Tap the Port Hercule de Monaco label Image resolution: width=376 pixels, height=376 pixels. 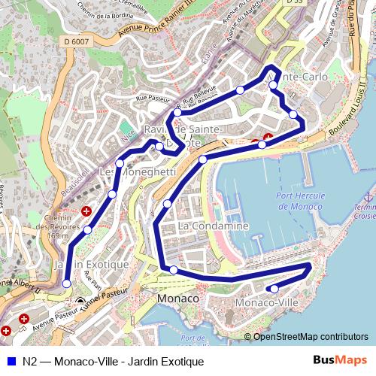pyautogui.click(x=300, y=202)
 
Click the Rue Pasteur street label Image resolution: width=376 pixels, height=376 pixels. pyautogui.click(x=153, y=97)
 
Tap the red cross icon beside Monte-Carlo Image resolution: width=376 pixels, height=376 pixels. pyautogui.click(x=266, y=136)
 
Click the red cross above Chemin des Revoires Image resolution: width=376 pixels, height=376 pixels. pyautogui.click(x=86, y=211)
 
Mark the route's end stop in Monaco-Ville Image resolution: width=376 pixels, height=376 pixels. pyautogui.click(x=274, y=289)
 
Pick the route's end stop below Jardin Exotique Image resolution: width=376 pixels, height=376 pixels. pyautogui.click(x=67, y=284)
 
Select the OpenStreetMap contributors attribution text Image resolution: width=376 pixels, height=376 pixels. pyautogui.click(x=311, y=336)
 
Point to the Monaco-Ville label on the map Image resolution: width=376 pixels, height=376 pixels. pyautogui.click(x=266, y=302)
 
